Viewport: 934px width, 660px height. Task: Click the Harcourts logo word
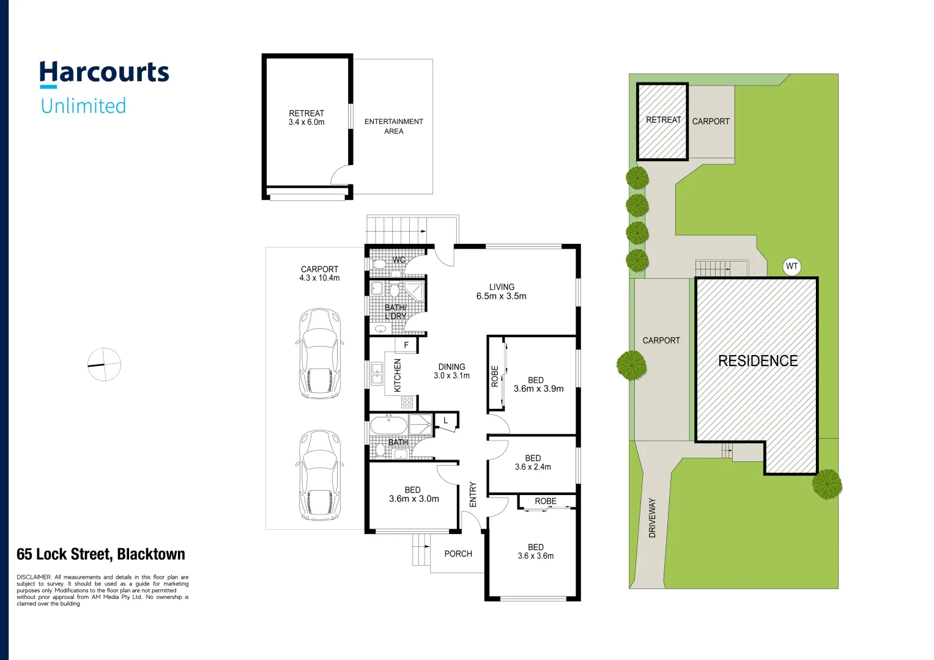click(104, 73)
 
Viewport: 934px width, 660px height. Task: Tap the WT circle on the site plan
click(791, 266)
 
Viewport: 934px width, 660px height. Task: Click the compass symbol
click(104, 365)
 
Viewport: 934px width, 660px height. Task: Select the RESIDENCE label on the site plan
click(758, 361)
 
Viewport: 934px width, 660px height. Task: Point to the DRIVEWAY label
click(652, 518)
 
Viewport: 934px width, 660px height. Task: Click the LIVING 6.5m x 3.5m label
click(502, 291)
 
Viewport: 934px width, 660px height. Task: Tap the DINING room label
click(452, 372)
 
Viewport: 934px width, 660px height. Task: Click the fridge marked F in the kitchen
click(406, 345)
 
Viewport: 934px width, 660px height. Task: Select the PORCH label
click(458, 554)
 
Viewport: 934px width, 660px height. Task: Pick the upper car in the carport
click(319, 354)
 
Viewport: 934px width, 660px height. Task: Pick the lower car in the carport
click(319, 475)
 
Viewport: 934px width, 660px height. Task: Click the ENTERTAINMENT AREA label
click(394, 127)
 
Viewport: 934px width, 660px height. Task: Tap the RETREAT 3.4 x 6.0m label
click(306, 118)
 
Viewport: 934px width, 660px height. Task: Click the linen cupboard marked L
click(446, 421)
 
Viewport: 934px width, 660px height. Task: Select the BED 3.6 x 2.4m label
click(533, 463)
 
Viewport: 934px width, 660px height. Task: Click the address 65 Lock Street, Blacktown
click(101, 554)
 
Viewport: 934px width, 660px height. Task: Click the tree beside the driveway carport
click(631, 365)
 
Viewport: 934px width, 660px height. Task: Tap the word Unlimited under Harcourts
click(83, 106)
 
